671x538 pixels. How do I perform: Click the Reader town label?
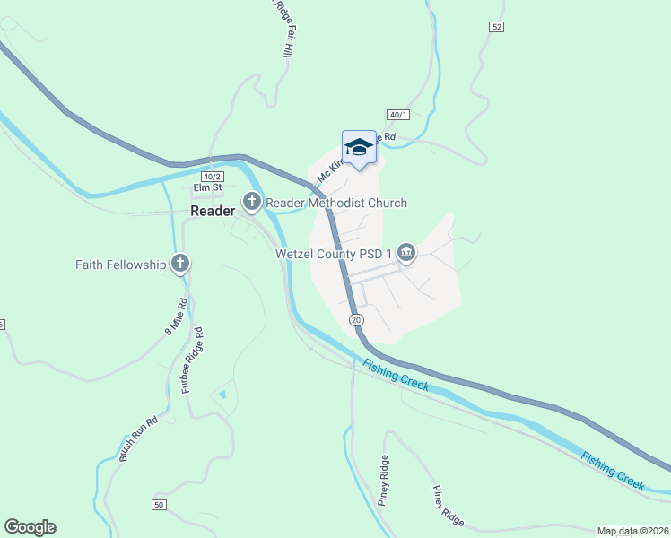click(x=213, y=211)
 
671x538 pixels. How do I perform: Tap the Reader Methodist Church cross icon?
click(x=252, y=203)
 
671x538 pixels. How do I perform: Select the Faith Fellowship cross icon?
click(x=180, y=264)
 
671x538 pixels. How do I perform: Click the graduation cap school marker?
click(x=359, y=149)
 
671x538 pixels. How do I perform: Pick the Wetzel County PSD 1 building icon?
click(x=405, y=254)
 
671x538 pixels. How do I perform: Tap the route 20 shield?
click(x=356, y=320)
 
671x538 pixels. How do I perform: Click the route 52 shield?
click(x=496, y=27)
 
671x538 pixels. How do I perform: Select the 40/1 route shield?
click(x=399, y=115)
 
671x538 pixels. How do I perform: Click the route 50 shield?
click(x=159, y=505)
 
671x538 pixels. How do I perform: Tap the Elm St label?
click(x=206, y=188)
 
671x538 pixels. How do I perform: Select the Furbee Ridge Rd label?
click(x=193, y=360)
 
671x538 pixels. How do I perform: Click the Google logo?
click(x=30, y=527)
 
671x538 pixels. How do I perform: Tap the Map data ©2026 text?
click(x=632, y=530)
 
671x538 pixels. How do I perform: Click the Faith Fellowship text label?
click(x=121, y=265)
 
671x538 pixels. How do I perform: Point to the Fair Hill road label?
click(x=288, y=40)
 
